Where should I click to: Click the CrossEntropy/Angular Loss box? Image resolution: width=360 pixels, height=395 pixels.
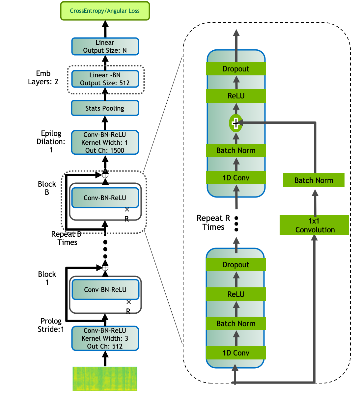point(105,11)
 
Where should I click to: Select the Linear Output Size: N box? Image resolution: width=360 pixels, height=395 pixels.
point(105,46)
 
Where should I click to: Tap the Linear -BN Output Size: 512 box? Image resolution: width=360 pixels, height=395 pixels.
point(105,79)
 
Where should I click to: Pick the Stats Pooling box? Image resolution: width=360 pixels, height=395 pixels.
point(105,108)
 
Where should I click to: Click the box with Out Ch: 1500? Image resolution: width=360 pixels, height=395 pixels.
point(105,143)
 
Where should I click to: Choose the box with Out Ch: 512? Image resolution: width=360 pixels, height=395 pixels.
point(105,338)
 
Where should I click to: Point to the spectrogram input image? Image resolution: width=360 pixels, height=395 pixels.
point(105,379)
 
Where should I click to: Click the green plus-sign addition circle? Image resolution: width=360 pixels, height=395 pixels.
point(235,123)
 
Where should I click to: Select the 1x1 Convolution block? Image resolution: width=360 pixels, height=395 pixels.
point(314,225)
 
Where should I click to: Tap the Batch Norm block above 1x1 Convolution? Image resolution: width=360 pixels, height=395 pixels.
point(314,180)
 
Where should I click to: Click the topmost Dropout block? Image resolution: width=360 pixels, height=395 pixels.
point(236,69)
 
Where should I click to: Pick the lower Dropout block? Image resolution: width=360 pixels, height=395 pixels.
point(236,265)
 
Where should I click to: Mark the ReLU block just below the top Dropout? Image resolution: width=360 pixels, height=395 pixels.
point(236,96)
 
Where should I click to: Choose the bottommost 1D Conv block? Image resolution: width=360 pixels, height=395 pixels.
point(236,353)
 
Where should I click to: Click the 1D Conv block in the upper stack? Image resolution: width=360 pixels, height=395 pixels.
point(236,178)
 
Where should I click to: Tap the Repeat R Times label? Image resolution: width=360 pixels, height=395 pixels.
point(213,223)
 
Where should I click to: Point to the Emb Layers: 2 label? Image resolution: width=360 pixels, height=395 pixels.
point(43,78)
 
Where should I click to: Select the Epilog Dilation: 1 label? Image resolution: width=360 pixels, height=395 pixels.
point(51,142)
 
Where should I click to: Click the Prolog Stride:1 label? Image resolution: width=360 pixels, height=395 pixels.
point(51,325)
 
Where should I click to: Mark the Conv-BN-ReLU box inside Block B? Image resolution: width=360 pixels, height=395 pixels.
point(105,198)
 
